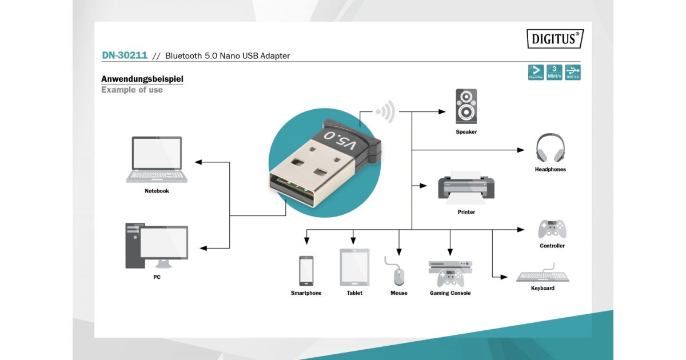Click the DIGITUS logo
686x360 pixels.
555,39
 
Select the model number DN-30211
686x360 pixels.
125,55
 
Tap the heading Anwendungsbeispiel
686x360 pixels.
142,79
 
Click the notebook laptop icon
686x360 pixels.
157,159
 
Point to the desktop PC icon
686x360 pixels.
157,246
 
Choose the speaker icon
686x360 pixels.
466,106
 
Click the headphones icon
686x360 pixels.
550,148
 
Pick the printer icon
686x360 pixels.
466,186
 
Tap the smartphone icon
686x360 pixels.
306,270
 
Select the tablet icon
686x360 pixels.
354,267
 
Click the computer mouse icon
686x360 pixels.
398,275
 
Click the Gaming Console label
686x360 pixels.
450,293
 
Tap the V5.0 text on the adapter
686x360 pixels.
340,141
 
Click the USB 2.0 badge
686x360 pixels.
572,73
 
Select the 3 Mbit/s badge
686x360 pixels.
554,73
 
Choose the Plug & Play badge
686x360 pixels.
536,73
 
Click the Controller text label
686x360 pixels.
552,246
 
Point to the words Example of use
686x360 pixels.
132,90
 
